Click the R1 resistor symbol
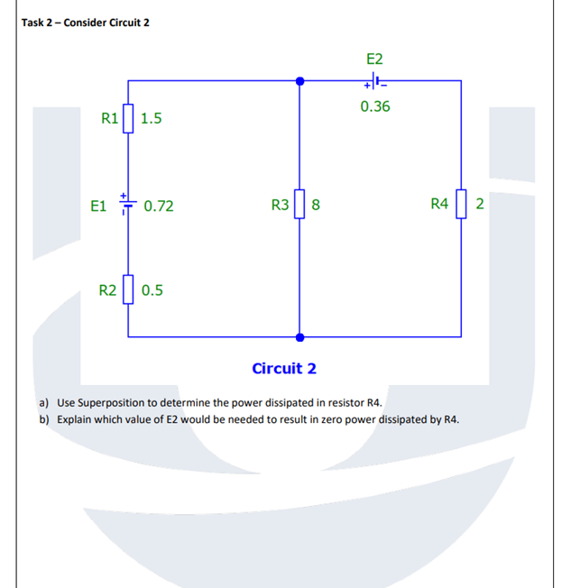coord(128,117)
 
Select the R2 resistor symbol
coord(128,289)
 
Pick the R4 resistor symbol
coord(461,205)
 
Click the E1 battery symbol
coord(128,205)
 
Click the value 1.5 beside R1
coord(152,118)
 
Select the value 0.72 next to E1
coord(159,206)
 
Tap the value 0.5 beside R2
coord(152,290)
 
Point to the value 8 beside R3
coord(316,206)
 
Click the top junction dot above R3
coord(299,81)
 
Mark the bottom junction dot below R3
coord(299,336)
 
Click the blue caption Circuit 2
coord(284,368)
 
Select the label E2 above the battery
coord(375,59)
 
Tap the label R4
coord(439,205)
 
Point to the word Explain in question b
coord(74,419)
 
